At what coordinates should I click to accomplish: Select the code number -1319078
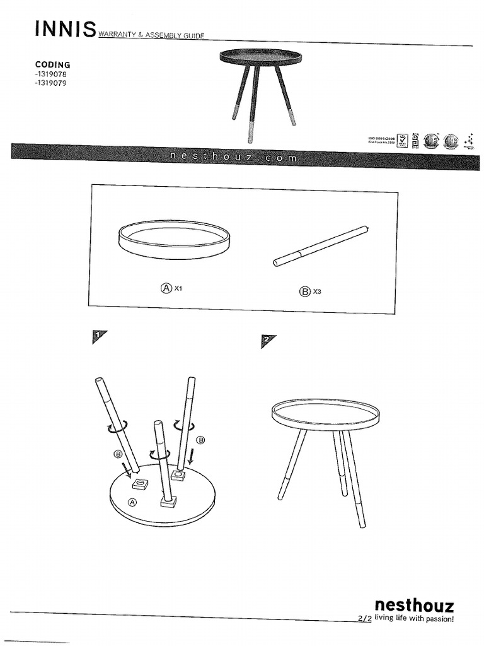tap(52, 74)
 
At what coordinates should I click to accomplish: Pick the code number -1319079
tap(52, 82)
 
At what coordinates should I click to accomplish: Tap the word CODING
tap(52, 64)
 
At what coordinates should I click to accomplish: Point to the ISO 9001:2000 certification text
tap(381, 138)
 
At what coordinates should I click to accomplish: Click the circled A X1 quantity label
tap(171, 288)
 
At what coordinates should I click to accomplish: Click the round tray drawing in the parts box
tap(174, 238)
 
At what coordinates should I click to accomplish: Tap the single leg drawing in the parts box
tap(321, 245)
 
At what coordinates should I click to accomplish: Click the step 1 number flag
tap(98, 337)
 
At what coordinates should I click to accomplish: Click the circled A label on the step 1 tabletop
tap(132, 502)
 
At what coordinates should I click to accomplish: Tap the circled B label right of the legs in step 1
tap(201, 439)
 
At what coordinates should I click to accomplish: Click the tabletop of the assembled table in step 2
tap(325, 414)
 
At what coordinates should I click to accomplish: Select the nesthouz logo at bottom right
tap(414, 606)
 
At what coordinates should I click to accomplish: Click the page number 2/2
tap(364, 619)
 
